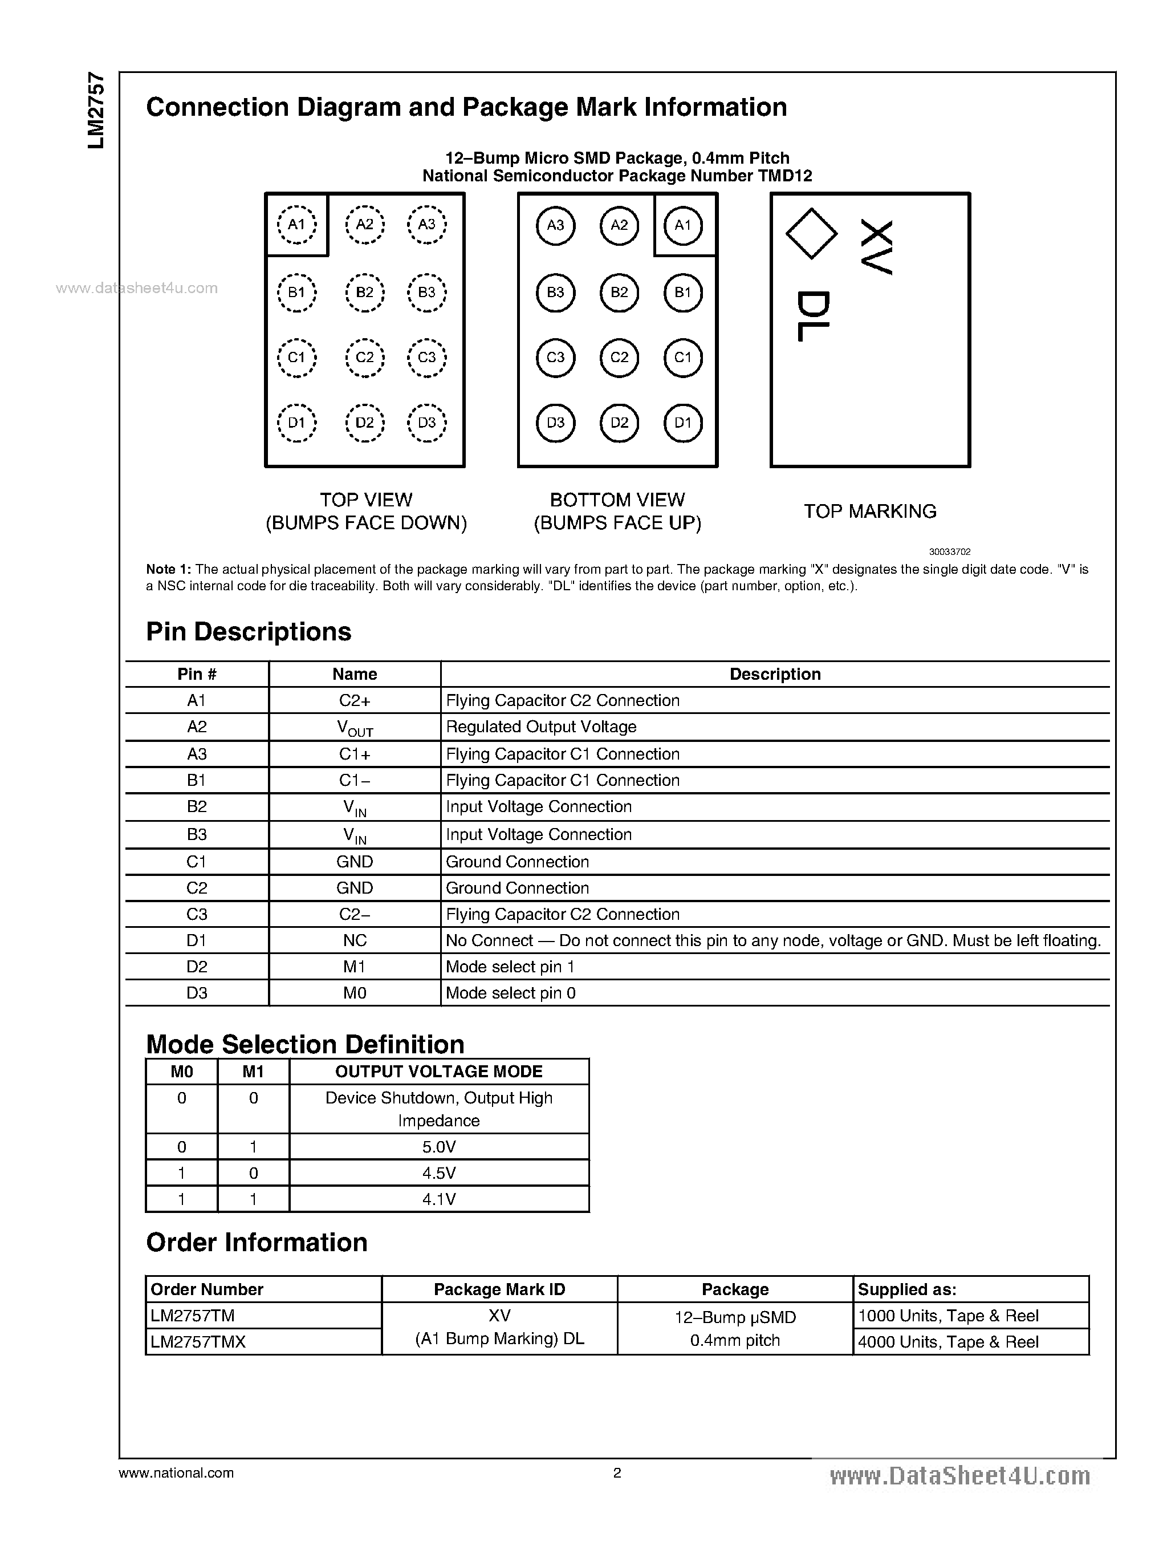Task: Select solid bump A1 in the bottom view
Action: pyautogui.click(x=682, y=225)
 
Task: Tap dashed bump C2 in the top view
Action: pyautogui.click(x=365, y=357)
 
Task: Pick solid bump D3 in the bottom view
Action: pyautogui.click(x=555, y=423)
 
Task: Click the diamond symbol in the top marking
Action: pyautogui.click(x=811, y=234)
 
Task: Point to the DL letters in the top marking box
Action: pyautogui.click(x=814, y=317)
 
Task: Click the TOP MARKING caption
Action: pyautogui.click(x=869, y=511)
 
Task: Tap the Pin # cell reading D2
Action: pyautogui.click(x=197, y=967)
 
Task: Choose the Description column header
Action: pyautogui.click(x=775, y=674)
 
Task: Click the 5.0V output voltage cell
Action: pyautogui.click(x=438, y=1147)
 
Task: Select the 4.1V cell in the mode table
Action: pyautogui.click(x=438, y=1199)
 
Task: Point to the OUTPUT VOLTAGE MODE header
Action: pyautogui.click(x=438, y=1072)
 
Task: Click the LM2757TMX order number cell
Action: pyautogui.click(x=198, y=1342)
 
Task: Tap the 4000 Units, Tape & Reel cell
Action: pyautogui.click(x=948, y=1342)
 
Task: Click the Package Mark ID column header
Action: pyautogui.click(x=499, y=1289)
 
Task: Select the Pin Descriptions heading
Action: pyautogui.click(x=249, y=632)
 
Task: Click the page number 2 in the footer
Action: pyautogui.click(x=617, y=1472)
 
